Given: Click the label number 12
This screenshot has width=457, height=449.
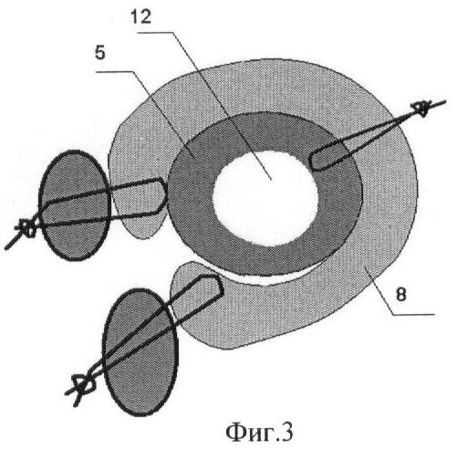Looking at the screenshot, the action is (x=141, y=16).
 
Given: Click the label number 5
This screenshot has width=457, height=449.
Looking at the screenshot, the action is (x=100, y=53).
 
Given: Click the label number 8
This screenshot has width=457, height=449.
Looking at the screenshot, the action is (x=401, y=294).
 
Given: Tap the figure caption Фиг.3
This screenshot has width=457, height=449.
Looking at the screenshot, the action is (x=259, y=433).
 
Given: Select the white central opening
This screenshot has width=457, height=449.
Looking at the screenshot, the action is (x=265, y=198).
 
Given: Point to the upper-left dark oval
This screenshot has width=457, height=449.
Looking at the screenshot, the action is (x=75, y=205).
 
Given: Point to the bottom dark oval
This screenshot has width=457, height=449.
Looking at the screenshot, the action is (x=140, y=352).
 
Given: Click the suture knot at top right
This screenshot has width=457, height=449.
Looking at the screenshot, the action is (x=421, y=108).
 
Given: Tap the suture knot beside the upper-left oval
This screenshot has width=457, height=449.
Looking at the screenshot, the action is (x=27, y=227).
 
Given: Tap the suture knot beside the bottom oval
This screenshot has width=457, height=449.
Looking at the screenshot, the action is (x=81, y=386).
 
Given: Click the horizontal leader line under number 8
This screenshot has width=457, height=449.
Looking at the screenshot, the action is (x=412, y=314).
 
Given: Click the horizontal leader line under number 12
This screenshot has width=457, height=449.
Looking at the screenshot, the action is (x=156, y=32).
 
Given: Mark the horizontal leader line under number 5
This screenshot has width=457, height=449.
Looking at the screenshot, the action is (x=114, y=72).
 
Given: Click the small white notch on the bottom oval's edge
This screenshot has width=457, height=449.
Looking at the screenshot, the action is (x=172, y=313).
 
